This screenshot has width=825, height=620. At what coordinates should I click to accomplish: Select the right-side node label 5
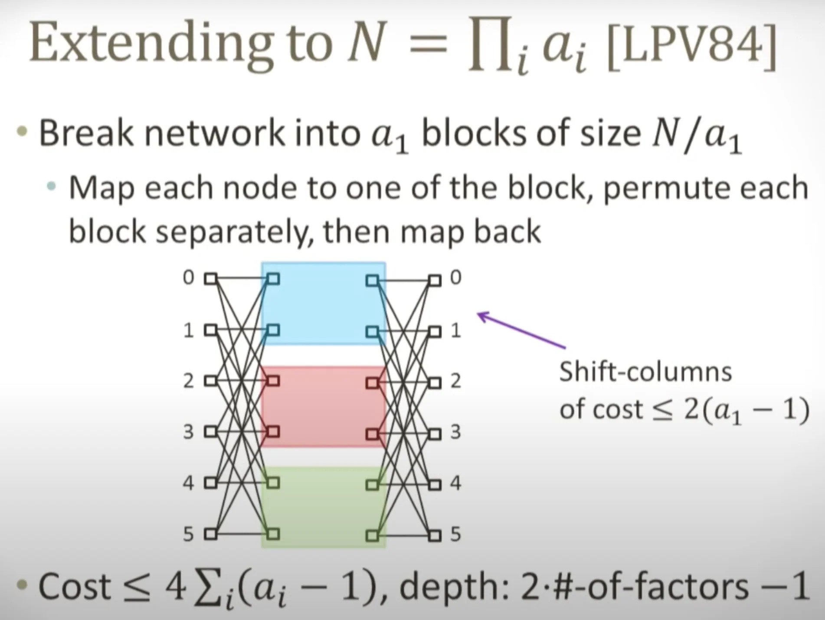pos(455,534)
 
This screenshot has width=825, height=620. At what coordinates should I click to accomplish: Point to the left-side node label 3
pos(188,432)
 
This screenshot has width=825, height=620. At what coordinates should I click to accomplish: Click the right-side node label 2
pos(455,381)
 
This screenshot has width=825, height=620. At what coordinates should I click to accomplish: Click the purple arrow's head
pos(482,316)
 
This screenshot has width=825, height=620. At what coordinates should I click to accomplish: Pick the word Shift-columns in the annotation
pos(645,372)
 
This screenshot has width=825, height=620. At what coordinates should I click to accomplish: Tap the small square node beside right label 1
pos(435,332)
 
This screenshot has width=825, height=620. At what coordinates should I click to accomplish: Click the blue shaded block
pos(323,303)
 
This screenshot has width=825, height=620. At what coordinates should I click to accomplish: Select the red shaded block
pos(323,407)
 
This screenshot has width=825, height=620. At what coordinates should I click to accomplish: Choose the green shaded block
pos(323,507)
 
